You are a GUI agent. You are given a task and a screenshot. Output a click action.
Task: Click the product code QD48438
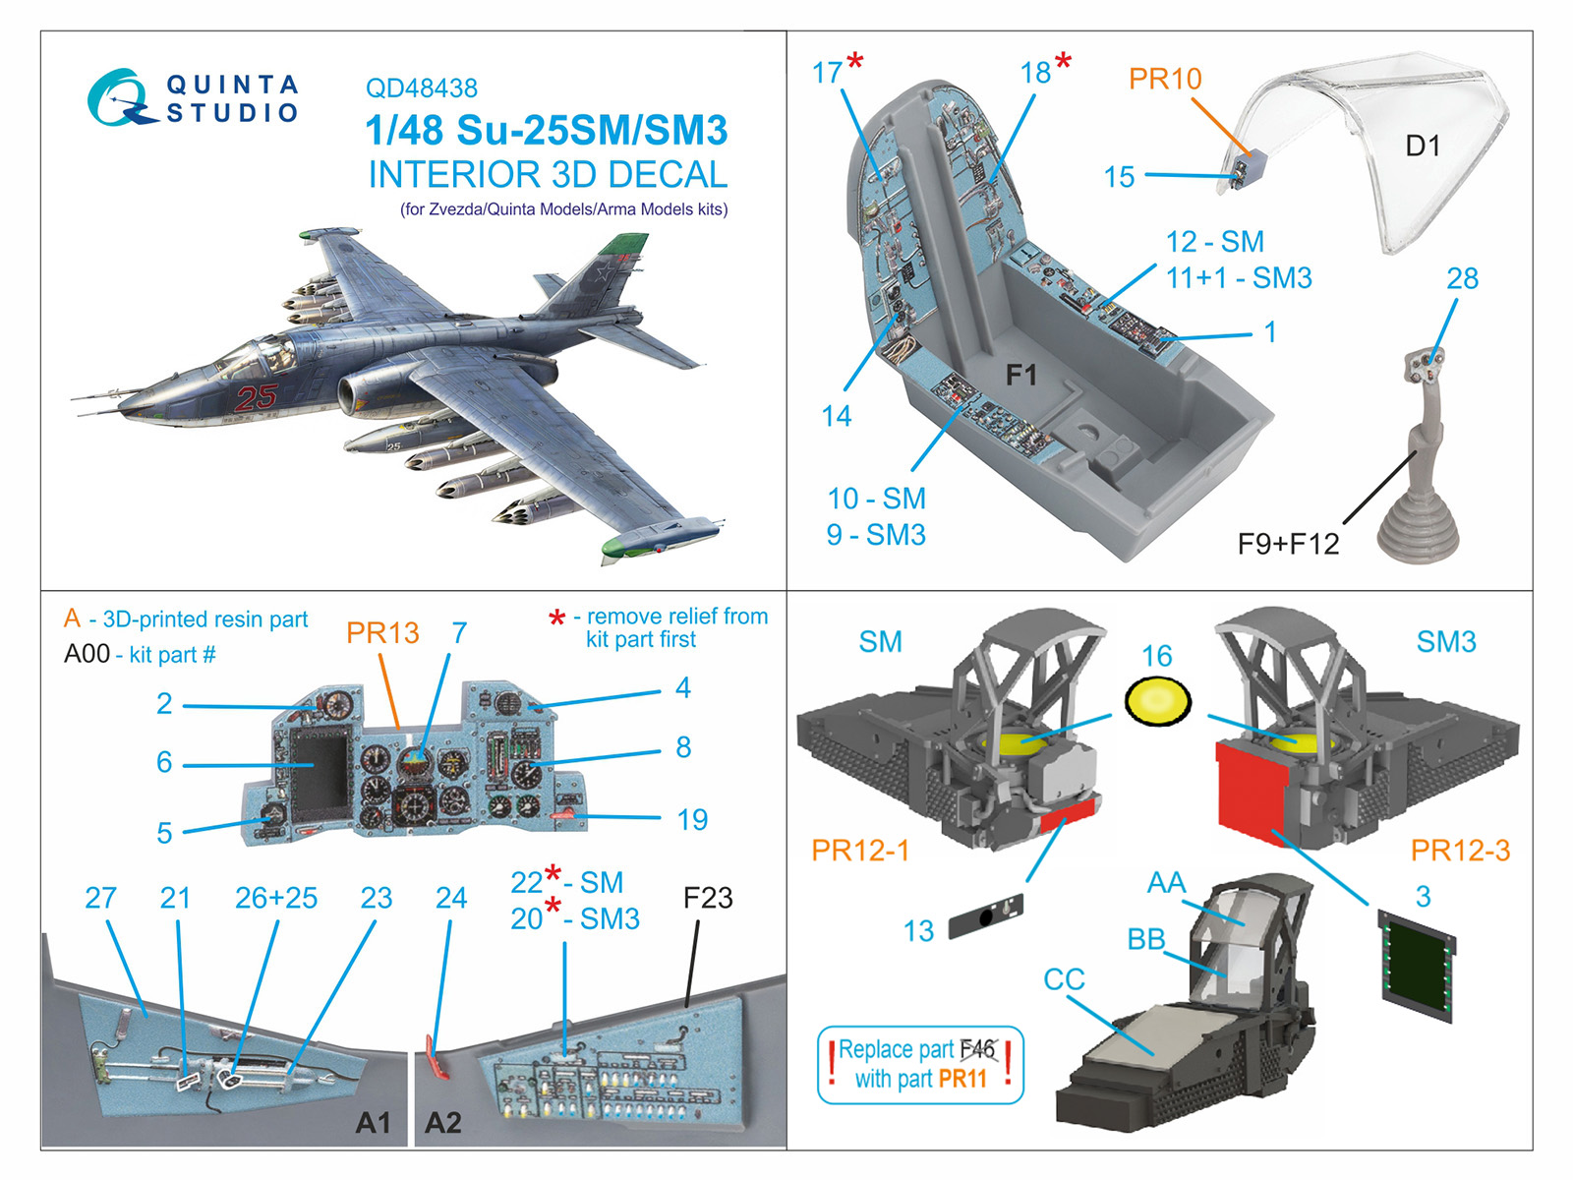(422, 88)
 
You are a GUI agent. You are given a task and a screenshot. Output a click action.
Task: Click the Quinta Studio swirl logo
(120, 97)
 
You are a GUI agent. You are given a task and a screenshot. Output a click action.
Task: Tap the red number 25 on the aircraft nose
(256, 397)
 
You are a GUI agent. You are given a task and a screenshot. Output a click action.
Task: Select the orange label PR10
(1165, 78)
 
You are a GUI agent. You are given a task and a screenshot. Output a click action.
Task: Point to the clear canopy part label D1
(1423, 147)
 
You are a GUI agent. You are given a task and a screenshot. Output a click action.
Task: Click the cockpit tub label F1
(1021, 374)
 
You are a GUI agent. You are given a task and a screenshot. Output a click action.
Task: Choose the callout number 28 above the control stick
(1462, 278)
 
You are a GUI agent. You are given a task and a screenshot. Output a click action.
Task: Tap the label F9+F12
(1289, 544)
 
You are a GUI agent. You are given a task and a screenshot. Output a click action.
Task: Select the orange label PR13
(382, 632)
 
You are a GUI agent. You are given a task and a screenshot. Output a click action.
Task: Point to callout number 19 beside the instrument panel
(692, 820)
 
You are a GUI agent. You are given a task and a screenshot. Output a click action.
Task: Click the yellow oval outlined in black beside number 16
(1158, 701)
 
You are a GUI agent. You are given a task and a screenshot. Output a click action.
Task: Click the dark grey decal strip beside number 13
(986, 916)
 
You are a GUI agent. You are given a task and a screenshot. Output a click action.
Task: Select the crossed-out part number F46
(977, 1049)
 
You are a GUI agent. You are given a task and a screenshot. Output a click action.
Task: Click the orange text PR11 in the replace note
(962, 1079)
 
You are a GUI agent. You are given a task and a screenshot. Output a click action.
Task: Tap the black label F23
(708, 898)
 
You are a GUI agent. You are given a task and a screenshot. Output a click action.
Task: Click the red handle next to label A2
(437, 1057)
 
